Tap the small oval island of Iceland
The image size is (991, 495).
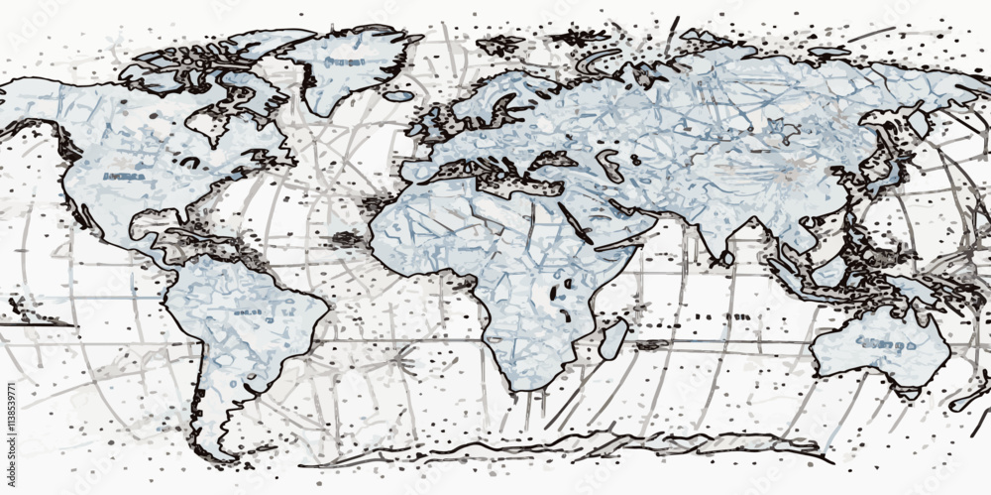398,96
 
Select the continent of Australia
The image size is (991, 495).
877,342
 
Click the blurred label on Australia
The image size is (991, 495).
885,345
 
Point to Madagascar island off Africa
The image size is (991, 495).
613,338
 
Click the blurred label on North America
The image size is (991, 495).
124,177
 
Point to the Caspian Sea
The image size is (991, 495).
606,164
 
